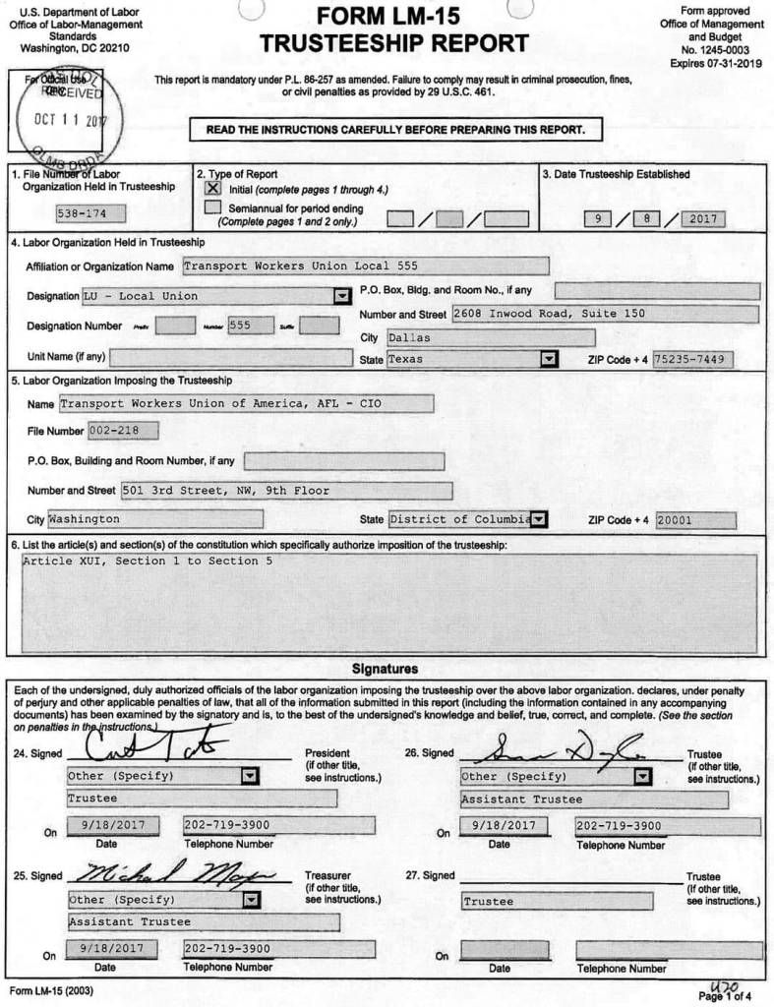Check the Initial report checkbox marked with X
coord(212,187)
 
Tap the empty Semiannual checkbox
coord(212,207)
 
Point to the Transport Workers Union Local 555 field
coord(365,266)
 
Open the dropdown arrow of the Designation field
coord(342,296)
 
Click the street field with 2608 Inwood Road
coord(605,314)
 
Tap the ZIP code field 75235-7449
coord(699,359)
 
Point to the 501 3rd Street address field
coord(286,490)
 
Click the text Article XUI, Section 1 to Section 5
coord(147,561)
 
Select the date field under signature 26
coord(503,826)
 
